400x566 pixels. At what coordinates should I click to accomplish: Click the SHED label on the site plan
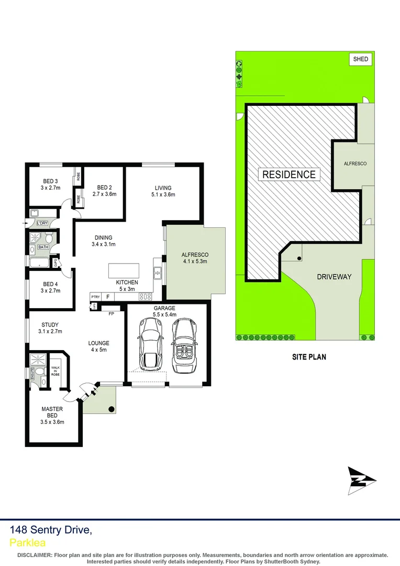click(360, 59)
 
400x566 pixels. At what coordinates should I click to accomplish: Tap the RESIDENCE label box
click(289, 175)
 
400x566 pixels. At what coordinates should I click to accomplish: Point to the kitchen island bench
click(124, 270)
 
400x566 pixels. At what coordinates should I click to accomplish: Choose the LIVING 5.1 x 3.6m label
click(163, 191)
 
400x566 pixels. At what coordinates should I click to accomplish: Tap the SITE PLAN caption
click(309, 357)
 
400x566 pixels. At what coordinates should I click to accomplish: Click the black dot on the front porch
click(111, 409)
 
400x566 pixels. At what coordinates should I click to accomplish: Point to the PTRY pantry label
click(95, 297)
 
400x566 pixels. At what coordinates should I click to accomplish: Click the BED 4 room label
click(50, 287)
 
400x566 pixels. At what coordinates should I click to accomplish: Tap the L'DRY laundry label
click(42, 223)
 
